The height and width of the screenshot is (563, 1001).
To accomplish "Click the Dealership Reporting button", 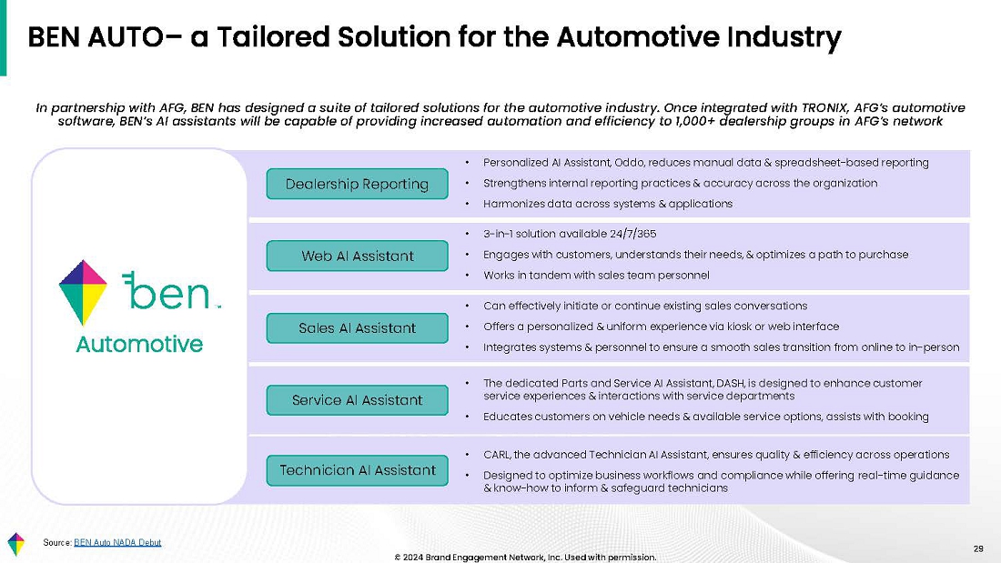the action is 357,184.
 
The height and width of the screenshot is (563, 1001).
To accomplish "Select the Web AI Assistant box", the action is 357,256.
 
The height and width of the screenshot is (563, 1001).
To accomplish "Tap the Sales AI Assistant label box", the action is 357,328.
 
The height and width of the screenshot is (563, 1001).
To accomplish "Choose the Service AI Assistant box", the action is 357,400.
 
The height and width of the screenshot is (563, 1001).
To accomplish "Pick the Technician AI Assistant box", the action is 357,470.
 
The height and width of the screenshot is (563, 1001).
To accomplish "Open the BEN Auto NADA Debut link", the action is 117,543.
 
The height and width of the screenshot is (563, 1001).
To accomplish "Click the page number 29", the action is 978,548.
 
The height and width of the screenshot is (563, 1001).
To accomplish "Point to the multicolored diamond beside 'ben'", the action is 82,292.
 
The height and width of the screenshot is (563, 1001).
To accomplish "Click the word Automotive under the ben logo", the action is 139,344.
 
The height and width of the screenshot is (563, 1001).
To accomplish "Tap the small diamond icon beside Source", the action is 16,544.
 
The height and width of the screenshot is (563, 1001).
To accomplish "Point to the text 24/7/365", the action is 632,235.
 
